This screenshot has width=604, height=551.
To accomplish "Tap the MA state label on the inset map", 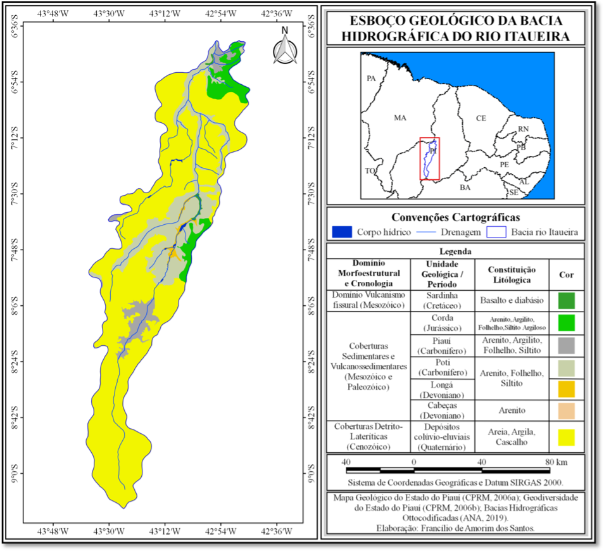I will pyautogui.click(x=400, y=118).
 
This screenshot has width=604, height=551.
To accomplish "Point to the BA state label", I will pyautogui.click(x=465, y=188).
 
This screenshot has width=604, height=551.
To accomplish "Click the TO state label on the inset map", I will pyautogui.click(x=370, y=171).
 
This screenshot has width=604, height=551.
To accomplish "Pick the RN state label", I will pyautogui.click(x=523, y=129).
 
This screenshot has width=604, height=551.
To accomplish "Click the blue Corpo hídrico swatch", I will pyautogui.click(x=341, y=232).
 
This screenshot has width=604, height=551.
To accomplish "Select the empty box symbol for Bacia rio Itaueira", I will pyautogui.click(x=496, y=232).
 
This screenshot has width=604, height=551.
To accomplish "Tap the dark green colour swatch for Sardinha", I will pyautogui.click(x=567, y=300).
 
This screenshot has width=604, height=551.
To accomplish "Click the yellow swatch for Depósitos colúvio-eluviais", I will pyautogui.click(x=567, y=437).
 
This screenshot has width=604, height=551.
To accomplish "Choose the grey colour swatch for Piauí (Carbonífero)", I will pyautogui.click(x=567, y=345).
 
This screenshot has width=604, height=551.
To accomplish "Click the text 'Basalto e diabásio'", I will pyautogui.click(x=510, y=300).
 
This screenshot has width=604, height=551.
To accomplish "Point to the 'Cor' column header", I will pyautogui.click(x=567, y=275).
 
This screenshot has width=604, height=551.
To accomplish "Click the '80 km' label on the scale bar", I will pyautogui.click(x=555, y=461).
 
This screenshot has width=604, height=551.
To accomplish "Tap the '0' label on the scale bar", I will pyautogui.click(x=413, y=461).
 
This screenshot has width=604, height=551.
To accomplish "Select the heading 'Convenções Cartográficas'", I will pyautogui.click(x=455, y=217).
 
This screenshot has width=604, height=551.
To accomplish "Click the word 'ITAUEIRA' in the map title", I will pyautogui.click(x=534, y=37).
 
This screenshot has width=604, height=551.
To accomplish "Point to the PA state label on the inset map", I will pyautogui.click(x=372, y=79).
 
